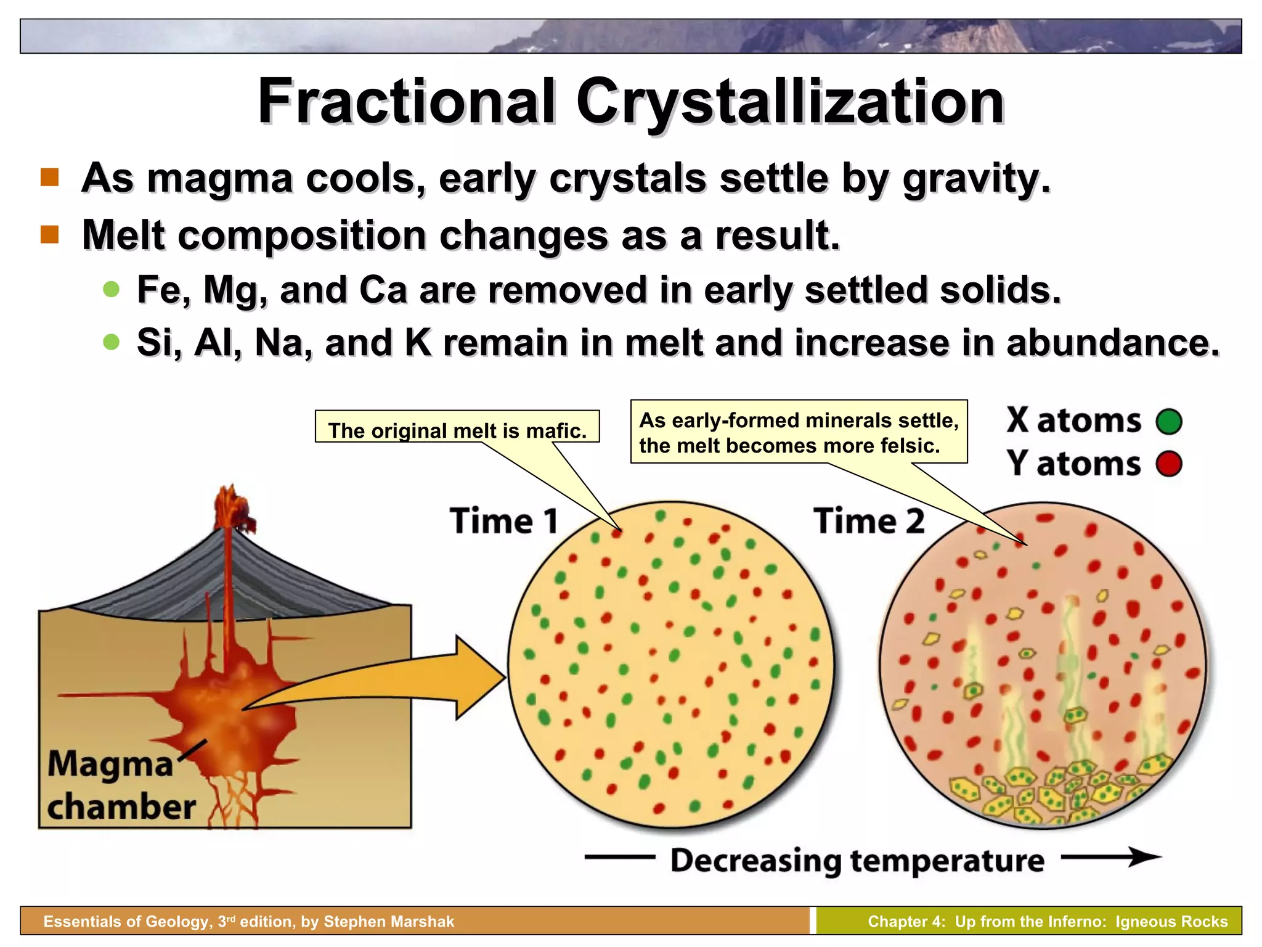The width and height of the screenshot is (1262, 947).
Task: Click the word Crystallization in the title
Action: (790, 101)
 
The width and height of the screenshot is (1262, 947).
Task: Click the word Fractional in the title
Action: (407, 101)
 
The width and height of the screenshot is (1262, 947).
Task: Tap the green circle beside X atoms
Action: (1169, 422)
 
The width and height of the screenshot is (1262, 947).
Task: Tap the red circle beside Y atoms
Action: (1169, 464)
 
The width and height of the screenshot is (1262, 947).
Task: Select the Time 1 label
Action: (504, 521)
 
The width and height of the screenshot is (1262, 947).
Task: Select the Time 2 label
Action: (869, 521)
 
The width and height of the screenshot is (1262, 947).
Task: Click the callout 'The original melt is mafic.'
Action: (457, 430)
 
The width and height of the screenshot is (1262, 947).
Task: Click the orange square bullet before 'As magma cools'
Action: (50, 178)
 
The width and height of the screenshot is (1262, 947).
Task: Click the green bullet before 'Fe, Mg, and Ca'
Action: (112, 289)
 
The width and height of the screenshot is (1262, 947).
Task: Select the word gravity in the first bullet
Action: (975, 179)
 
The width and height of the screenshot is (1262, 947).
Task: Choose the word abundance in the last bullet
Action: (1112, 343)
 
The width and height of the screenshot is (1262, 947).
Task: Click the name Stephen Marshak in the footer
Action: (389, 921)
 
